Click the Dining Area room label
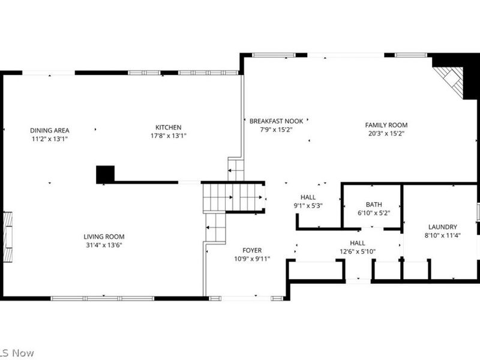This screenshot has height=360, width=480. pos(50,130)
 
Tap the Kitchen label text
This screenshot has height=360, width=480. pos(168,127)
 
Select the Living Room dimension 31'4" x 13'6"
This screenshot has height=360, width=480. pos(104,245)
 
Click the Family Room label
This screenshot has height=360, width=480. pos(386,125)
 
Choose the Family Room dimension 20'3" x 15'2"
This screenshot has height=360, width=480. pos(386,133)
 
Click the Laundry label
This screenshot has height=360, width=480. pos(442,227)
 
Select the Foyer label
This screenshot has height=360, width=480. pos(252,250)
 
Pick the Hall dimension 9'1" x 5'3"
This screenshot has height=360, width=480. pos(308,206)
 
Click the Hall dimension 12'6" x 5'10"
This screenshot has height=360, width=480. pos(358,251)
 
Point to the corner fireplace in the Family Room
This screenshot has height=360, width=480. pos(451,80)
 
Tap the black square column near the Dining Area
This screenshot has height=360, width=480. pos(105,175)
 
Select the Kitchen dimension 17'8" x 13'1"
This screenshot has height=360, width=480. pos(168,136)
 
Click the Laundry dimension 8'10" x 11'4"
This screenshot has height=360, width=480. pos(442,235)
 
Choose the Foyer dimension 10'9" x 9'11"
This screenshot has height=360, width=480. pos(252,259)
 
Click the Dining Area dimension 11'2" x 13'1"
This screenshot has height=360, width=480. pos(50,139)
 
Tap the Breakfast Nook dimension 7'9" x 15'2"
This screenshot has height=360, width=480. pos(277,129)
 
